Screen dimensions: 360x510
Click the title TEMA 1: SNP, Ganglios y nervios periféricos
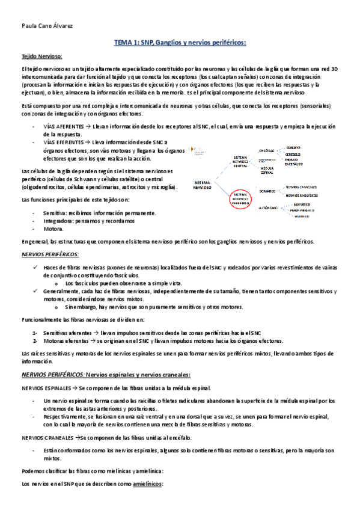[180, 43]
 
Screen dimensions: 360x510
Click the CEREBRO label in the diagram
[293, 147]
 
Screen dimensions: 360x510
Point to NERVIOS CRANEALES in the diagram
[301, 187]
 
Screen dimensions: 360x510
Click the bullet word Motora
[53, 229]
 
